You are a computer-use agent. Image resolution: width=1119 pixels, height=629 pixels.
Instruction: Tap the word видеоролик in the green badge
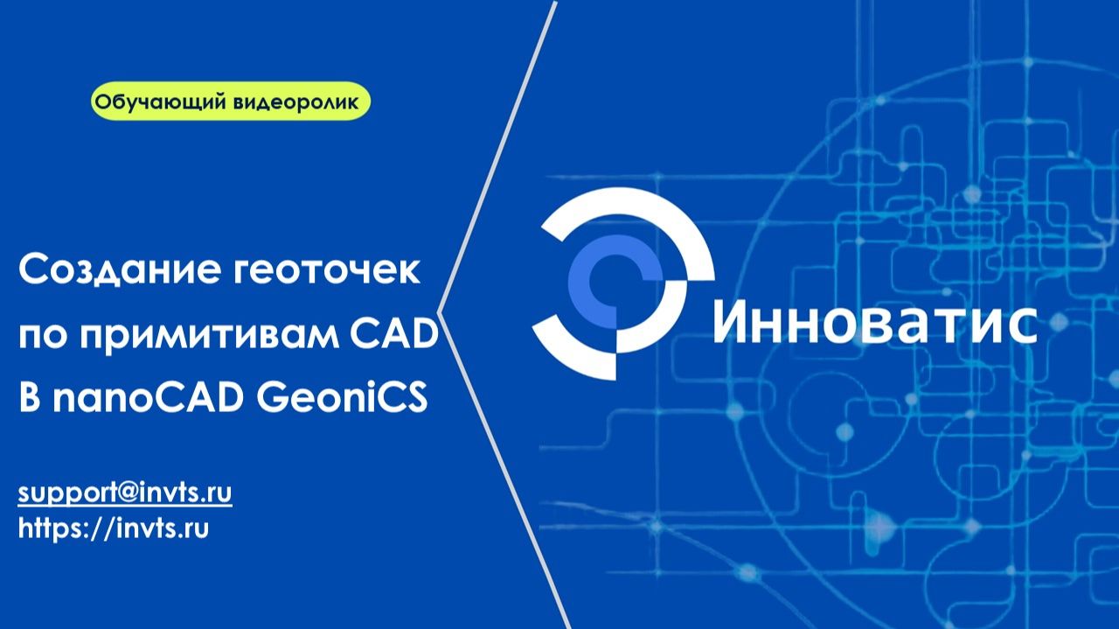tap(296, 102)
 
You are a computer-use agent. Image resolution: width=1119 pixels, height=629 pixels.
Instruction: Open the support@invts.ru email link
tap(125, 492)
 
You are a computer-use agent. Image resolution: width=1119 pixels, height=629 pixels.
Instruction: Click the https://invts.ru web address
tap(114, 528)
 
